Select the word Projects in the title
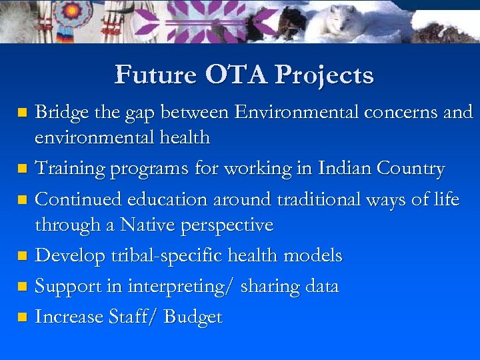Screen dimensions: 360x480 pos(325,75)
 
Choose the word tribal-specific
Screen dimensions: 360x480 pos(166,256)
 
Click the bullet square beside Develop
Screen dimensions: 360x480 pos(23,257)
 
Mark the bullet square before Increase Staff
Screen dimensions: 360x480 pos(23,318)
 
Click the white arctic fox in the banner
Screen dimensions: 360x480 pos(343,23)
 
